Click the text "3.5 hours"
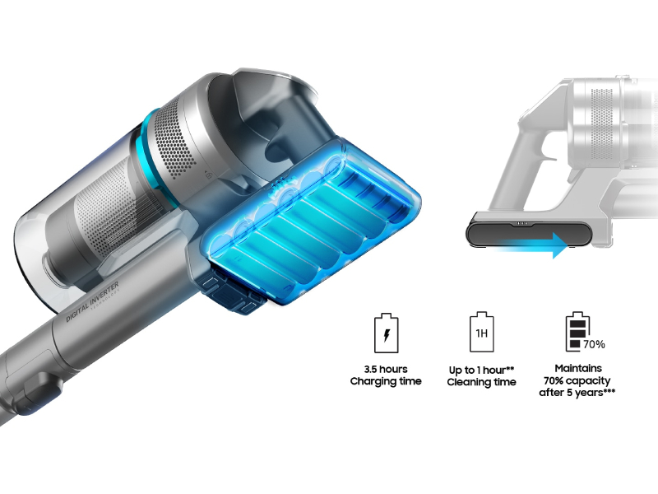pos(386,369)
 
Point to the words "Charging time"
pos(386,381)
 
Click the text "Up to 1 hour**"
pos(482,369)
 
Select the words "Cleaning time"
pos(482,382)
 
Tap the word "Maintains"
pos(578,368)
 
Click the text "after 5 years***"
pos(586,393)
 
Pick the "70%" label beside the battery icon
pos(594,343)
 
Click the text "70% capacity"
pos(586,380)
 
